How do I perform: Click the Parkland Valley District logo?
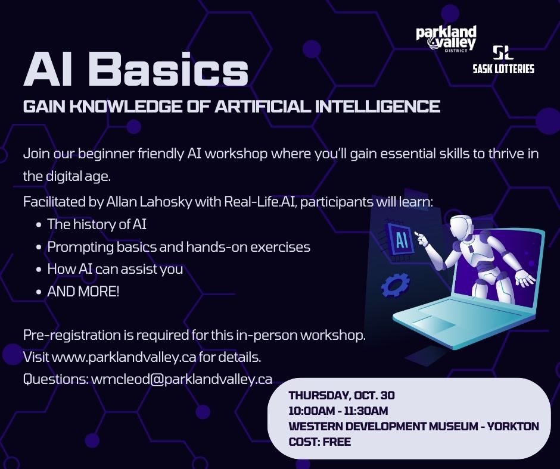(446, 39)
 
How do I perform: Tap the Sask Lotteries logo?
(503, 60)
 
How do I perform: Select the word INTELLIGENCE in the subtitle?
(378, 107)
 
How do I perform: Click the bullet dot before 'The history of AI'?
(39, 225)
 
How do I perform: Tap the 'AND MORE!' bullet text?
(83, 292)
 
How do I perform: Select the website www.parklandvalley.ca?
(124, 357)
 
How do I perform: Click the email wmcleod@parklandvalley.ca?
(182, 379)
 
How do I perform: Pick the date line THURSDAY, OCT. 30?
(342, 395)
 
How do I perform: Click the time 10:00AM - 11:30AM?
(338, 411)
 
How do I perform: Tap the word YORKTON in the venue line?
(513, 426)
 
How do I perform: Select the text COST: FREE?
(320, 442)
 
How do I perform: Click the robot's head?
(462, 228)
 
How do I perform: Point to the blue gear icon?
(395, 284)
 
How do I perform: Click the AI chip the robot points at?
(401, 239)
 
